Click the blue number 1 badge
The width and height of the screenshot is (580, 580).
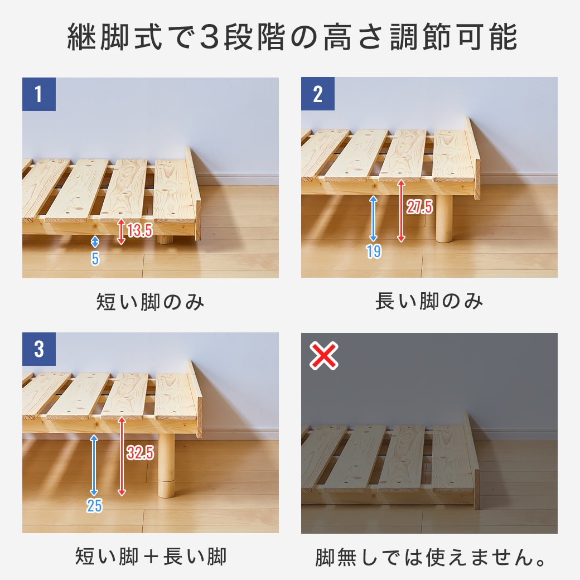(38, 94)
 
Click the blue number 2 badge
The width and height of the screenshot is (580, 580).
(317, 94)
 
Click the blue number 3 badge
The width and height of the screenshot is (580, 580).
(38, 349)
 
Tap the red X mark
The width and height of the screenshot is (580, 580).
(324, 356)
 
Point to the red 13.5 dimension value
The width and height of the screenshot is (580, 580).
(139, 230)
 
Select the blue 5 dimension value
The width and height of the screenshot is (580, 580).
(95, 259)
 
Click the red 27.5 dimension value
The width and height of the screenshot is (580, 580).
(419, 207)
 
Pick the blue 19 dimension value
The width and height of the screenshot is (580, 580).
(374, 252)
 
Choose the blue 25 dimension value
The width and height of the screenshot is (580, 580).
(94, 506)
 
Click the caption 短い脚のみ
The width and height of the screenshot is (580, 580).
(151, 302)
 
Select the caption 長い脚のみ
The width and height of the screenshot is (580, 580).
(429, 302)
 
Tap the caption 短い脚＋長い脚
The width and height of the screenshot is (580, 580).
(151, 557)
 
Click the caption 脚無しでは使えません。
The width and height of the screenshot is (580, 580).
(430, 557)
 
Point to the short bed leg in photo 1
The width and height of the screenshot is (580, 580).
(165, 239)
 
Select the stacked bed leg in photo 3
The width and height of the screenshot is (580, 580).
(166, 465)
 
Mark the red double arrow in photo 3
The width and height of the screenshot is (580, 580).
(122, 456)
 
